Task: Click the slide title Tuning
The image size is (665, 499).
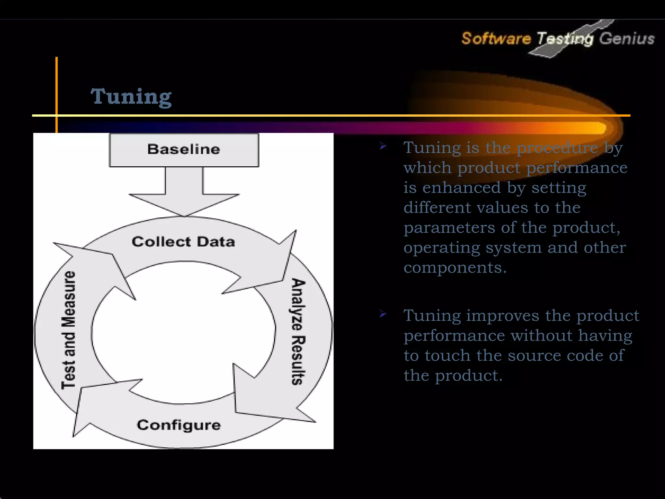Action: click(131, 96)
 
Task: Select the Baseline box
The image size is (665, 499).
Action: click(184, 150)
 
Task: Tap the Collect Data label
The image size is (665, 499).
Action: click(183, 242)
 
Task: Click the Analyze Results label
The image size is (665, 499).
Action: click(297, 331)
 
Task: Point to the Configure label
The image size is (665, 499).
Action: click(179, 425)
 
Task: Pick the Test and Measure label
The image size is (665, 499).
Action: click(69, 330)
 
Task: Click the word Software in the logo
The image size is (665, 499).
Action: click(496, 39)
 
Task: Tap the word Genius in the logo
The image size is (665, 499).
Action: click(627, 39)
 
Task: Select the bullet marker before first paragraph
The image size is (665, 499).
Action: click(383, 147)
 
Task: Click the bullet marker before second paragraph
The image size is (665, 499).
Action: click(383, 314)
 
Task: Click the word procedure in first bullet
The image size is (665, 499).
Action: click(557, 148)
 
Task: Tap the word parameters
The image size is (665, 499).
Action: click(449, 228)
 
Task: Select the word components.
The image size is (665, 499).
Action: click(455, 268)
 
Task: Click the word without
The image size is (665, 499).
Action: click(541, 336)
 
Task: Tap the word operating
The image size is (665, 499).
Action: click(442, 248)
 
